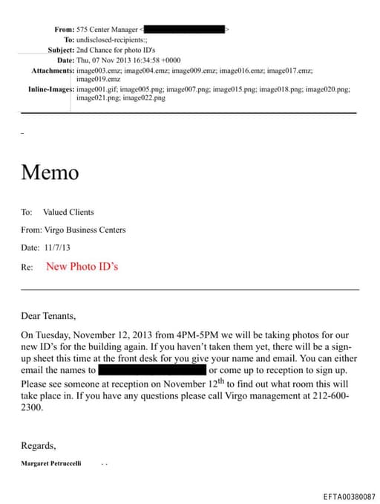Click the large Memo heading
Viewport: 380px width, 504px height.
50,172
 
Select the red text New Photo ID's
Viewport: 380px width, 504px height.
82,266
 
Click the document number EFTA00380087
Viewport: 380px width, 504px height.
349,496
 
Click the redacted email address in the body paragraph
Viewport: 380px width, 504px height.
152,369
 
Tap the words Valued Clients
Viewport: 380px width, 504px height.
68,212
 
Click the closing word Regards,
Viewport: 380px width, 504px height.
38,445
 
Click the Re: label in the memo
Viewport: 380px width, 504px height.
27,266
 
